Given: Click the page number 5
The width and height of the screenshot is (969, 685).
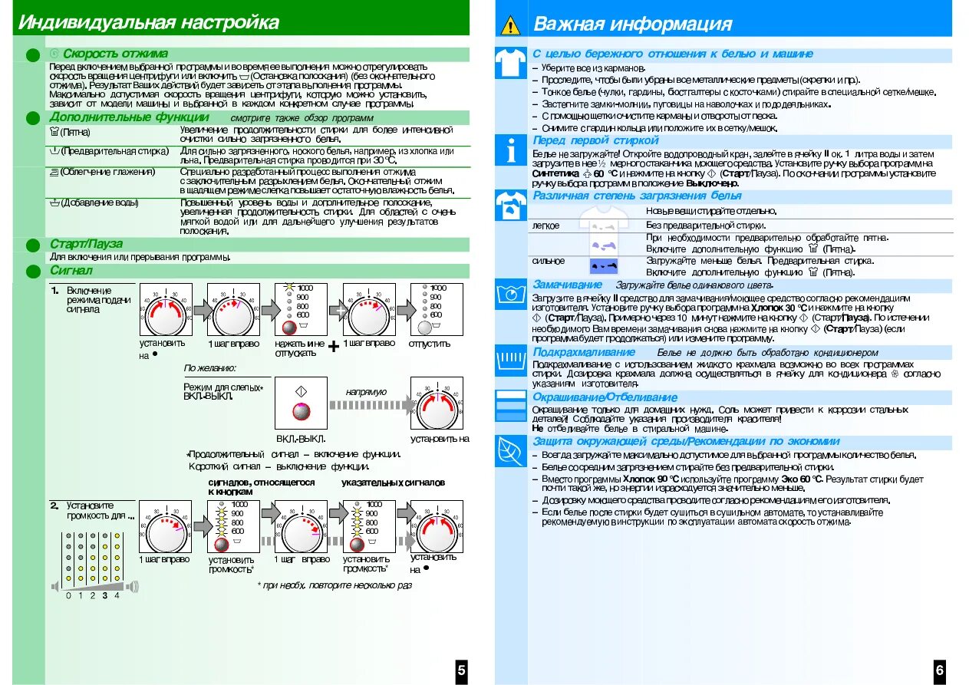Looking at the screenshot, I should [460, 670].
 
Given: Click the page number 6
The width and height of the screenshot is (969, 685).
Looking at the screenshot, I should [939, 670].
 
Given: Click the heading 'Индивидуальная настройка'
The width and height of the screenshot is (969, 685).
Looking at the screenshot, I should [149, 22].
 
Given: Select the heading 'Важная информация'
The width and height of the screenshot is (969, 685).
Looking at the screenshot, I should [632, 25].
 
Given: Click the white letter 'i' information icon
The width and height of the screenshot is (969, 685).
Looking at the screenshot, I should [510, 153].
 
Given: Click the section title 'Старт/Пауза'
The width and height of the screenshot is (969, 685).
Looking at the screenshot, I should [86, 244].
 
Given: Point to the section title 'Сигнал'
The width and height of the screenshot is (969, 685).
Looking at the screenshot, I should [71, 271].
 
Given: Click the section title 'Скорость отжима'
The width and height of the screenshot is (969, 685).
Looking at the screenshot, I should [114, 54].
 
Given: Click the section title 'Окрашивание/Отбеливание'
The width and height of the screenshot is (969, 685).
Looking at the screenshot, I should [605, 397].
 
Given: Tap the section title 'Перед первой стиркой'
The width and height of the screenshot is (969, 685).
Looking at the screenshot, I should [595, 140].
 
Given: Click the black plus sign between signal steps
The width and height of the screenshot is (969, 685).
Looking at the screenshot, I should [334, 347].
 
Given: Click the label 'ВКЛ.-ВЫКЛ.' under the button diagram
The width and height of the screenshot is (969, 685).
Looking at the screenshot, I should [301, 439].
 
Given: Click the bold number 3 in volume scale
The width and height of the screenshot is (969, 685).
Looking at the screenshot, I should [104, 595].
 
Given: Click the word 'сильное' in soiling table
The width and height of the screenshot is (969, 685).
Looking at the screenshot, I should [549, 261].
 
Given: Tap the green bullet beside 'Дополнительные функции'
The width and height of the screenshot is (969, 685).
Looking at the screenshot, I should [32, 117].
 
